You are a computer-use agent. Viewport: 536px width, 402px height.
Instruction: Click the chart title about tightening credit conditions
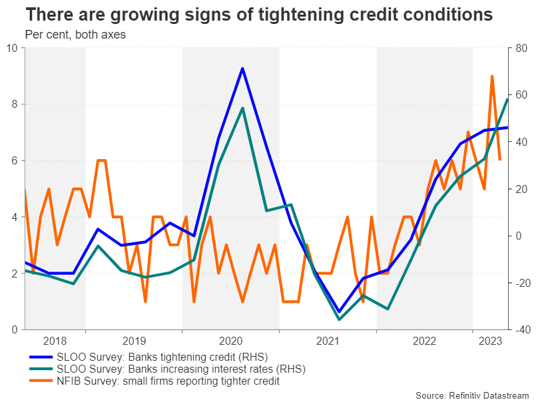click(x=250, y=14)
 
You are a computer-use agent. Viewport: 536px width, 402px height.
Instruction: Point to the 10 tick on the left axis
click(x=13, y=48)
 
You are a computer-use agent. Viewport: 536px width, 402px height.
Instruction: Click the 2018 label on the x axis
click(x=55, y=341)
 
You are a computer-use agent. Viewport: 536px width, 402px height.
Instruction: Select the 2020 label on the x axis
click(x=231, y=341)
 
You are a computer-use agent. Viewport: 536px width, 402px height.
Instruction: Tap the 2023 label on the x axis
click(x=490, y=341)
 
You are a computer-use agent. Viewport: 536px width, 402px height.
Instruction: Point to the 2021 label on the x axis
click(x=328, y=341)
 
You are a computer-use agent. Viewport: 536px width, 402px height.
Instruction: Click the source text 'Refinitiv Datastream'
click(x=473, y=395)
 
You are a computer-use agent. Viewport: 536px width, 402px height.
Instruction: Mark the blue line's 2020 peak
click(x=242, y=69)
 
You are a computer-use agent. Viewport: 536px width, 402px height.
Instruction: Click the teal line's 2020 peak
click(x=242, y=108)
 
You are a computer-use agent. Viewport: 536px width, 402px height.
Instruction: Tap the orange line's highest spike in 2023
click(x=492, y=76)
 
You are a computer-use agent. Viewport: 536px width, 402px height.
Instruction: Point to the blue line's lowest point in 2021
click(x=339, y=311)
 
